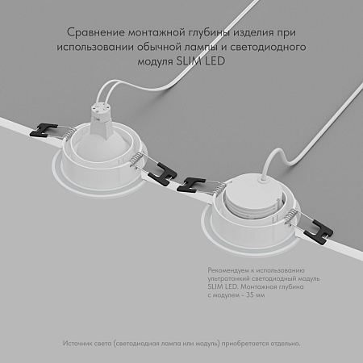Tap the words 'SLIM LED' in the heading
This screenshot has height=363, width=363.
click(x=217, y=62)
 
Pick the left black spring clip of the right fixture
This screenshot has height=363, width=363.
click(x=198, y=181)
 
